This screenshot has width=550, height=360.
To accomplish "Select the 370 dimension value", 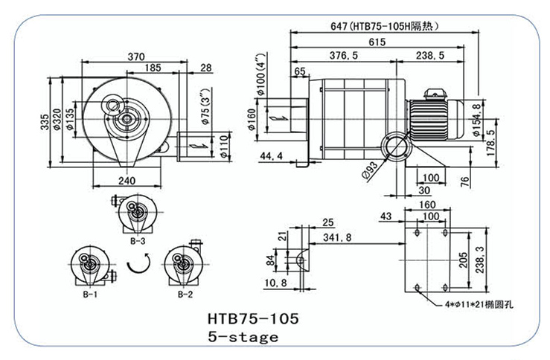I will click(x=135, y=57).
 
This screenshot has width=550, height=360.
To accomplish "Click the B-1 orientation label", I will click(x=91, y=295).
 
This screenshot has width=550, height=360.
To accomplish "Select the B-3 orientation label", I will click(x=137, y=241).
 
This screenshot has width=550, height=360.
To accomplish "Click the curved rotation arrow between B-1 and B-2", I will click(x=139, y=263).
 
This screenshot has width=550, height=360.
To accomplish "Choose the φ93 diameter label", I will click(x=370, y=173).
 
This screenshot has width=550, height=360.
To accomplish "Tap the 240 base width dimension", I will click(x=126, y=181).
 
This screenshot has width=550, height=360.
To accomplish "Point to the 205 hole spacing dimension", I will click(x=462, y=258).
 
